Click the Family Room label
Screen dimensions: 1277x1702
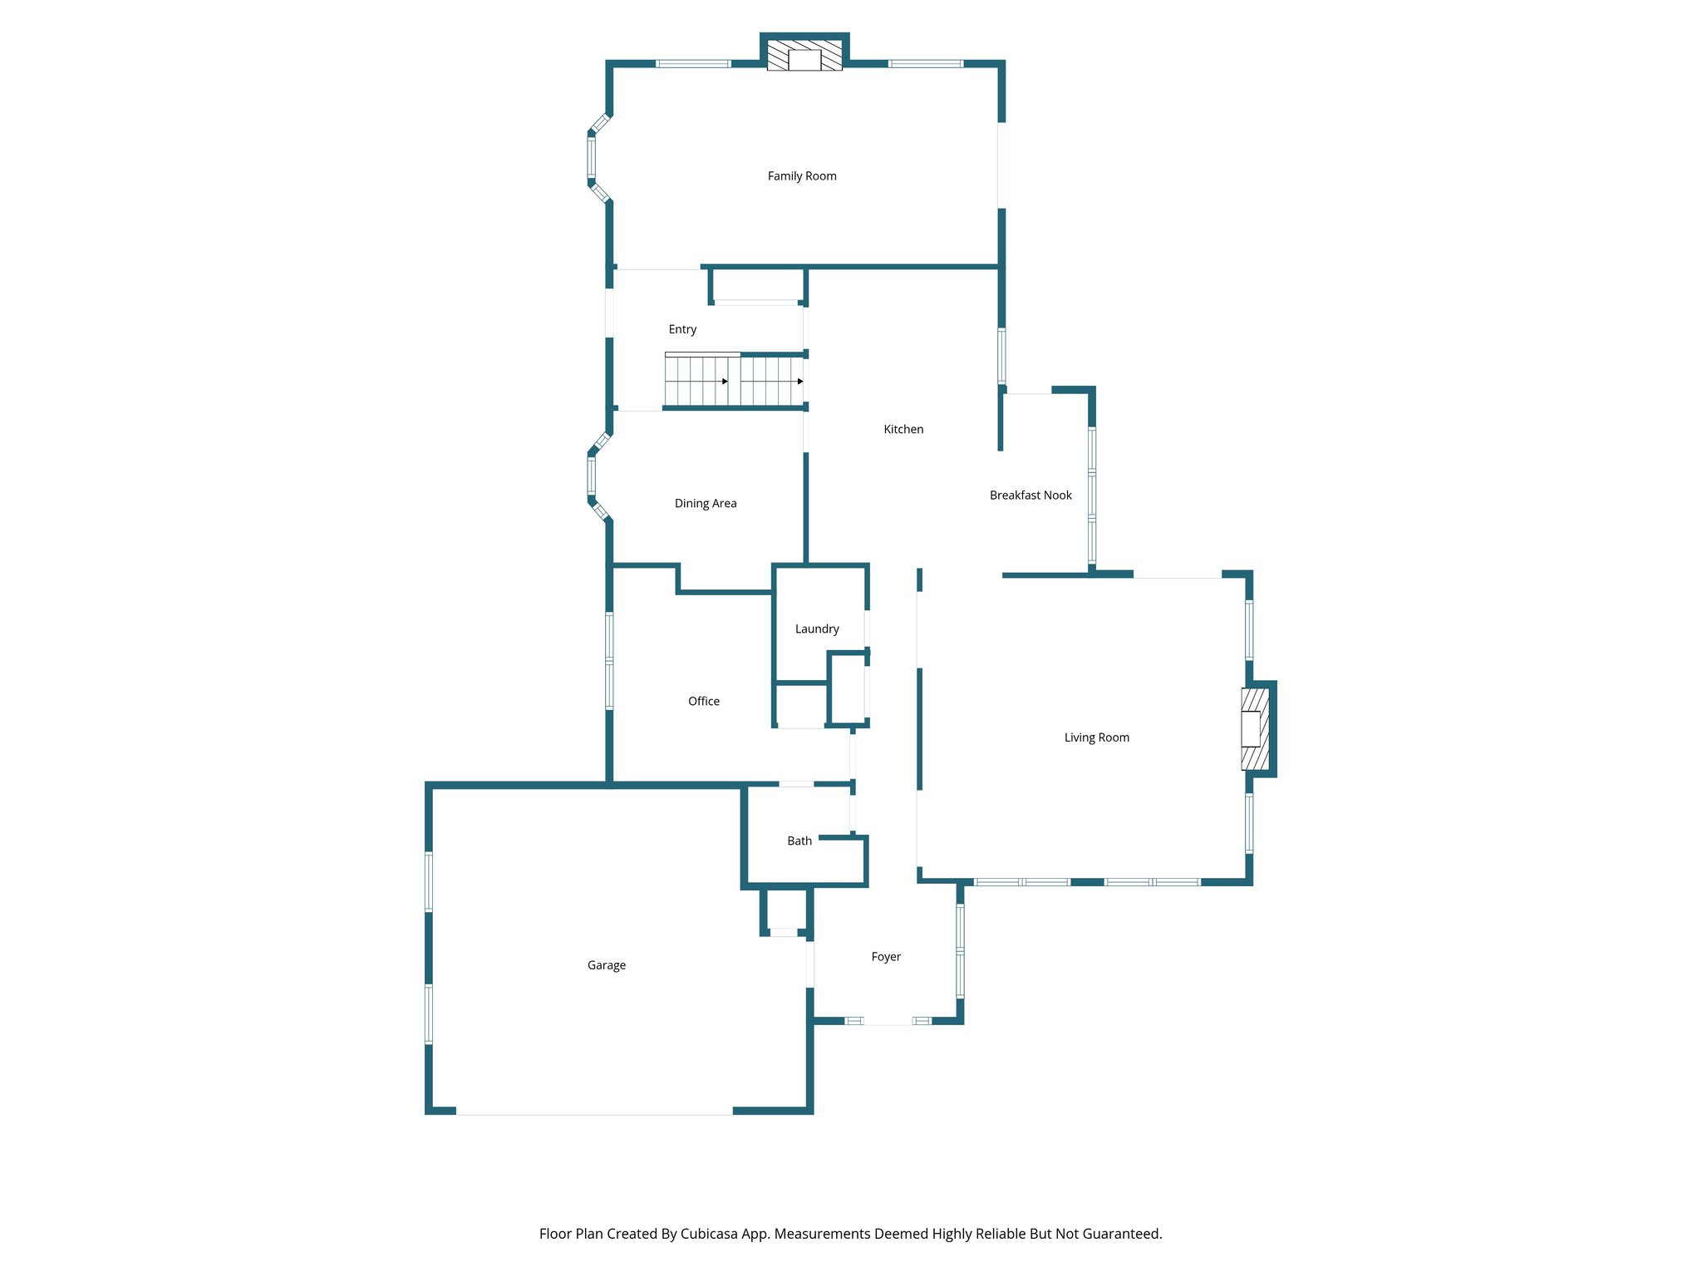(802, 176)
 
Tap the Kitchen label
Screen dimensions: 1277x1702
(903, 430)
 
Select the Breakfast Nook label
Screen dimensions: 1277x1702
(1031, 496)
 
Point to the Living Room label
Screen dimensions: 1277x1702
(1096, 737)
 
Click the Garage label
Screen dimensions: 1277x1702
(607, 965)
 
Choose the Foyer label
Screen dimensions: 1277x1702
(886, 957)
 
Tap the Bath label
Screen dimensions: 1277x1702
(799, 841)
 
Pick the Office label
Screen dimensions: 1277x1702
(704, 702)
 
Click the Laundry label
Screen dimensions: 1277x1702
(817, 629)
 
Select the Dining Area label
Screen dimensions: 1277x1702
(706, 504)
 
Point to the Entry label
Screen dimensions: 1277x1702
(682, 330)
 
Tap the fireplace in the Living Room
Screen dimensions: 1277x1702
(1254, 729)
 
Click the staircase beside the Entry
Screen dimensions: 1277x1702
(735, 381)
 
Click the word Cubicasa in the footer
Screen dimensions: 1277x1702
(712, 1234)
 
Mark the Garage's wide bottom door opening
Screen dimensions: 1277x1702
(594, 1112)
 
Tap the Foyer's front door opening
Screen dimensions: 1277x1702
(888, 1022)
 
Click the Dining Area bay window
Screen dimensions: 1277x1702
(592, 476)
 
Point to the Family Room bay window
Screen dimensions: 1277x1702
(592, 158)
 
